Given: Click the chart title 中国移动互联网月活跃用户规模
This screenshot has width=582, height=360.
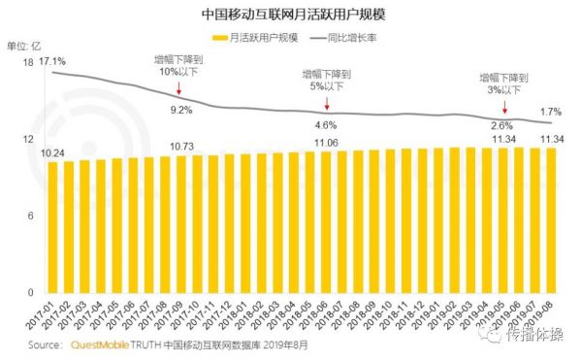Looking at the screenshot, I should pyautogui.click(x=290, y=16).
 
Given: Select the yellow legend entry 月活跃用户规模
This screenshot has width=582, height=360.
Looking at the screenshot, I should pyautogui.click(x=255, y=37).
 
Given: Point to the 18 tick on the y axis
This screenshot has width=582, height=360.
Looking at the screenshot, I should pyautogui.click(x=28, y=62).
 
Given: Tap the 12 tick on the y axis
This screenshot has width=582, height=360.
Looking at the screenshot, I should pyautogui.click(x=28, y=140).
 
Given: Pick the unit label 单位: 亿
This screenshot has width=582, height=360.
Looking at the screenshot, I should pyautogui.click(x=25, y=45).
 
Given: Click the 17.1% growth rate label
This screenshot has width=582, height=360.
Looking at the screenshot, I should pyautogui.click(x=52, y=62).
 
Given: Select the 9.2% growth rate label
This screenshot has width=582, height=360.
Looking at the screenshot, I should pyautogui.click(x=181, y=110).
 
